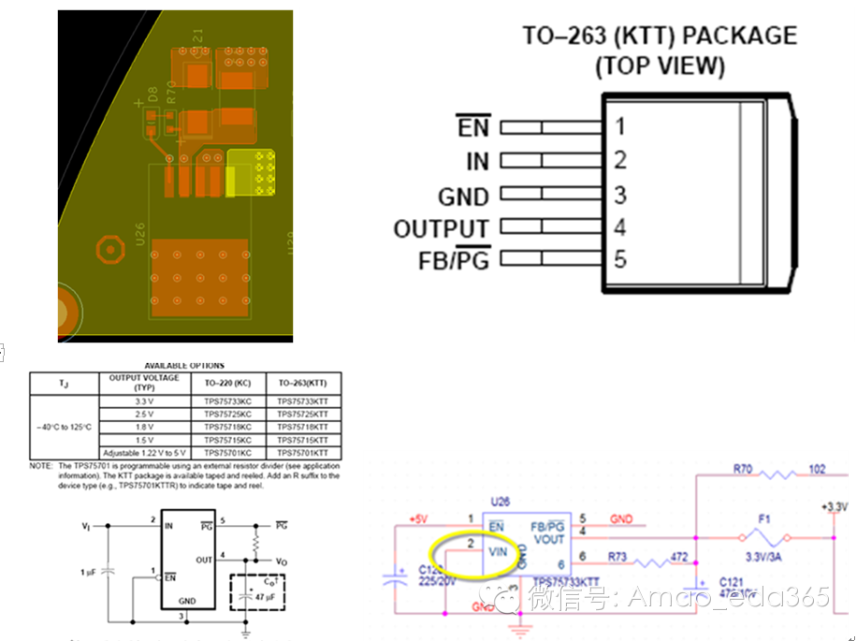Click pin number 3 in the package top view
(619, 195)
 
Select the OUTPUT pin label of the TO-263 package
(441, 228)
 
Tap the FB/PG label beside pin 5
(453, 260)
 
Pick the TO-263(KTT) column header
(302, 384)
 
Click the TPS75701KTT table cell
(302, 453)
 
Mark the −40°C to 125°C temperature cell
(64, 427)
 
